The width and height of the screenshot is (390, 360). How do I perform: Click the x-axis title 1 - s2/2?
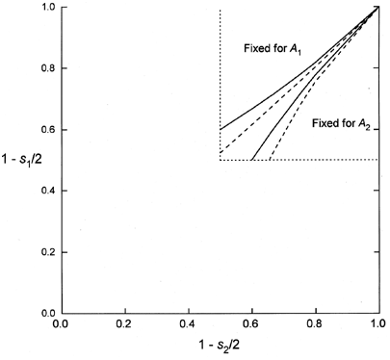(220, 348)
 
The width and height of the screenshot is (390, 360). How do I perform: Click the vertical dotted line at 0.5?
(220, 58)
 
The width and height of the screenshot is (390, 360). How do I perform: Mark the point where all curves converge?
(378, 8)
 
